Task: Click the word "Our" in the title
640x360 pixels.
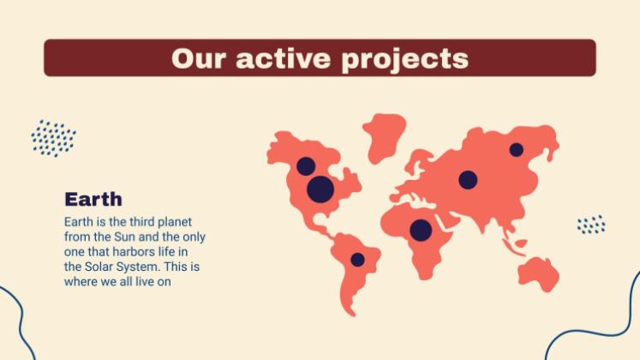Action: (198, 58)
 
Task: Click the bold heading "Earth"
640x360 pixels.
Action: (93, 199)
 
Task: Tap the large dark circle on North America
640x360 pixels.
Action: (320, 189)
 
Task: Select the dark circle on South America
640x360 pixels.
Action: (357, 260)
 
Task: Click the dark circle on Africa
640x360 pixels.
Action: (421, 230)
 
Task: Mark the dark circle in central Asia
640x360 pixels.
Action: (468, 180)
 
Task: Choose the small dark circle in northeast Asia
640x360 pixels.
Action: (516, 150)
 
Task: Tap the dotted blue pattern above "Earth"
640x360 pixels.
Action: (53, 138)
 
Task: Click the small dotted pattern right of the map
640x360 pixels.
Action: (591, 225)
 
